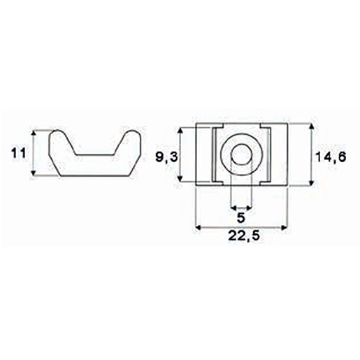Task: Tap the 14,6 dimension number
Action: click(331, 158)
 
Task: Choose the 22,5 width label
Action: click(242, 237)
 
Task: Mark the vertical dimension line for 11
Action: click(34, 154)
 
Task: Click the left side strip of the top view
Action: click(203, 154)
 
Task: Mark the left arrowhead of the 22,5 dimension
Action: click(199, 226)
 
